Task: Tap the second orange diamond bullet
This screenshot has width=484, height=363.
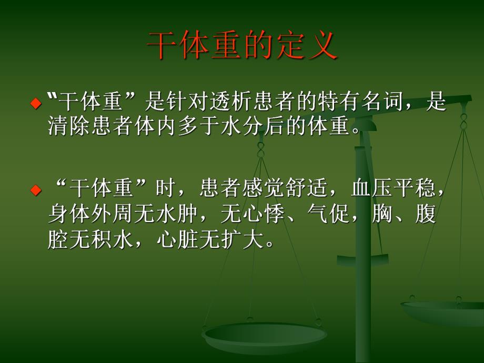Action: [36, 189]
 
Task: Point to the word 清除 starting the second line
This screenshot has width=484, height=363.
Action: [69, 126]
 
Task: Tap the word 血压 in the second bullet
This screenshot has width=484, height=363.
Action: [373, 188]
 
